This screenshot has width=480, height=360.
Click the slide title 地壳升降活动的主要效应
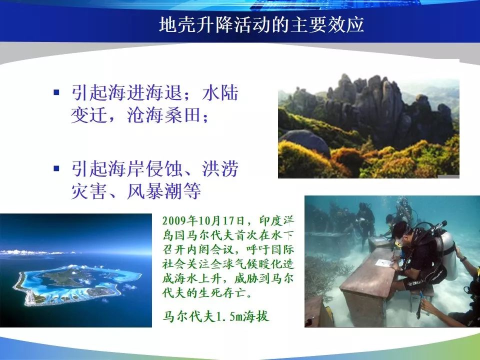[261, 24]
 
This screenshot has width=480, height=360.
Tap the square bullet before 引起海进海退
[56, 92]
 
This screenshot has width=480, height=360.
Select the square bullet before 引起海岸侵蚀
[56, 168]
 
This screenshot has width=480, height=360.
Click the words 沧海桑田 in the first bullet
[164, 115]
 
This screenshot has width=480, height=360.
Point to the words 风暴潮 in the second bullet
[154, 190]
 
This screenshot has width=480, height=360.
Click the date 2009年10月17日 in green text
[203, 220]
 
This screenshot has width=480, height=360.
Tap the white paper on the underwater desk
[384, 263]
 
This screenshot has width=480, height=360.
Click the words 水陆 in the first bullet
[220, 92]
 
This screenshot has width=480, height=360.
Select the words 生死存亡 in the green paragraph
[222, 292]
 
